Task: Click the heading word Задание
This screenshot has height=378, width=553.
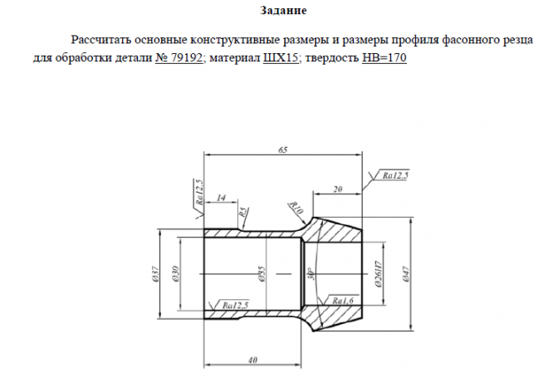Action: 284,11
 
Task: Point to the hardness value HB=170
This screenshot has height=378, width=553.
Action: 384,59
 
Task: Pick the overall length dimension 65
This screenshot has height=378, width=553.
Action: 284,150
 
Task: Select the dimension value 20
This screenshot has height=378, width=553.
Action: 337,189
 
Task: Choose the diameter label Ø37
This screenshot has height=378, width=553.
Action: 156,275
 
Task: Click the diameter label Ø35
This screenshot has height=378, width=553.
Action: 260,275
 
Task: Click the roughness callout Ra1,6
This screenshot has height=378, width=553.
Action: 342,299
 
